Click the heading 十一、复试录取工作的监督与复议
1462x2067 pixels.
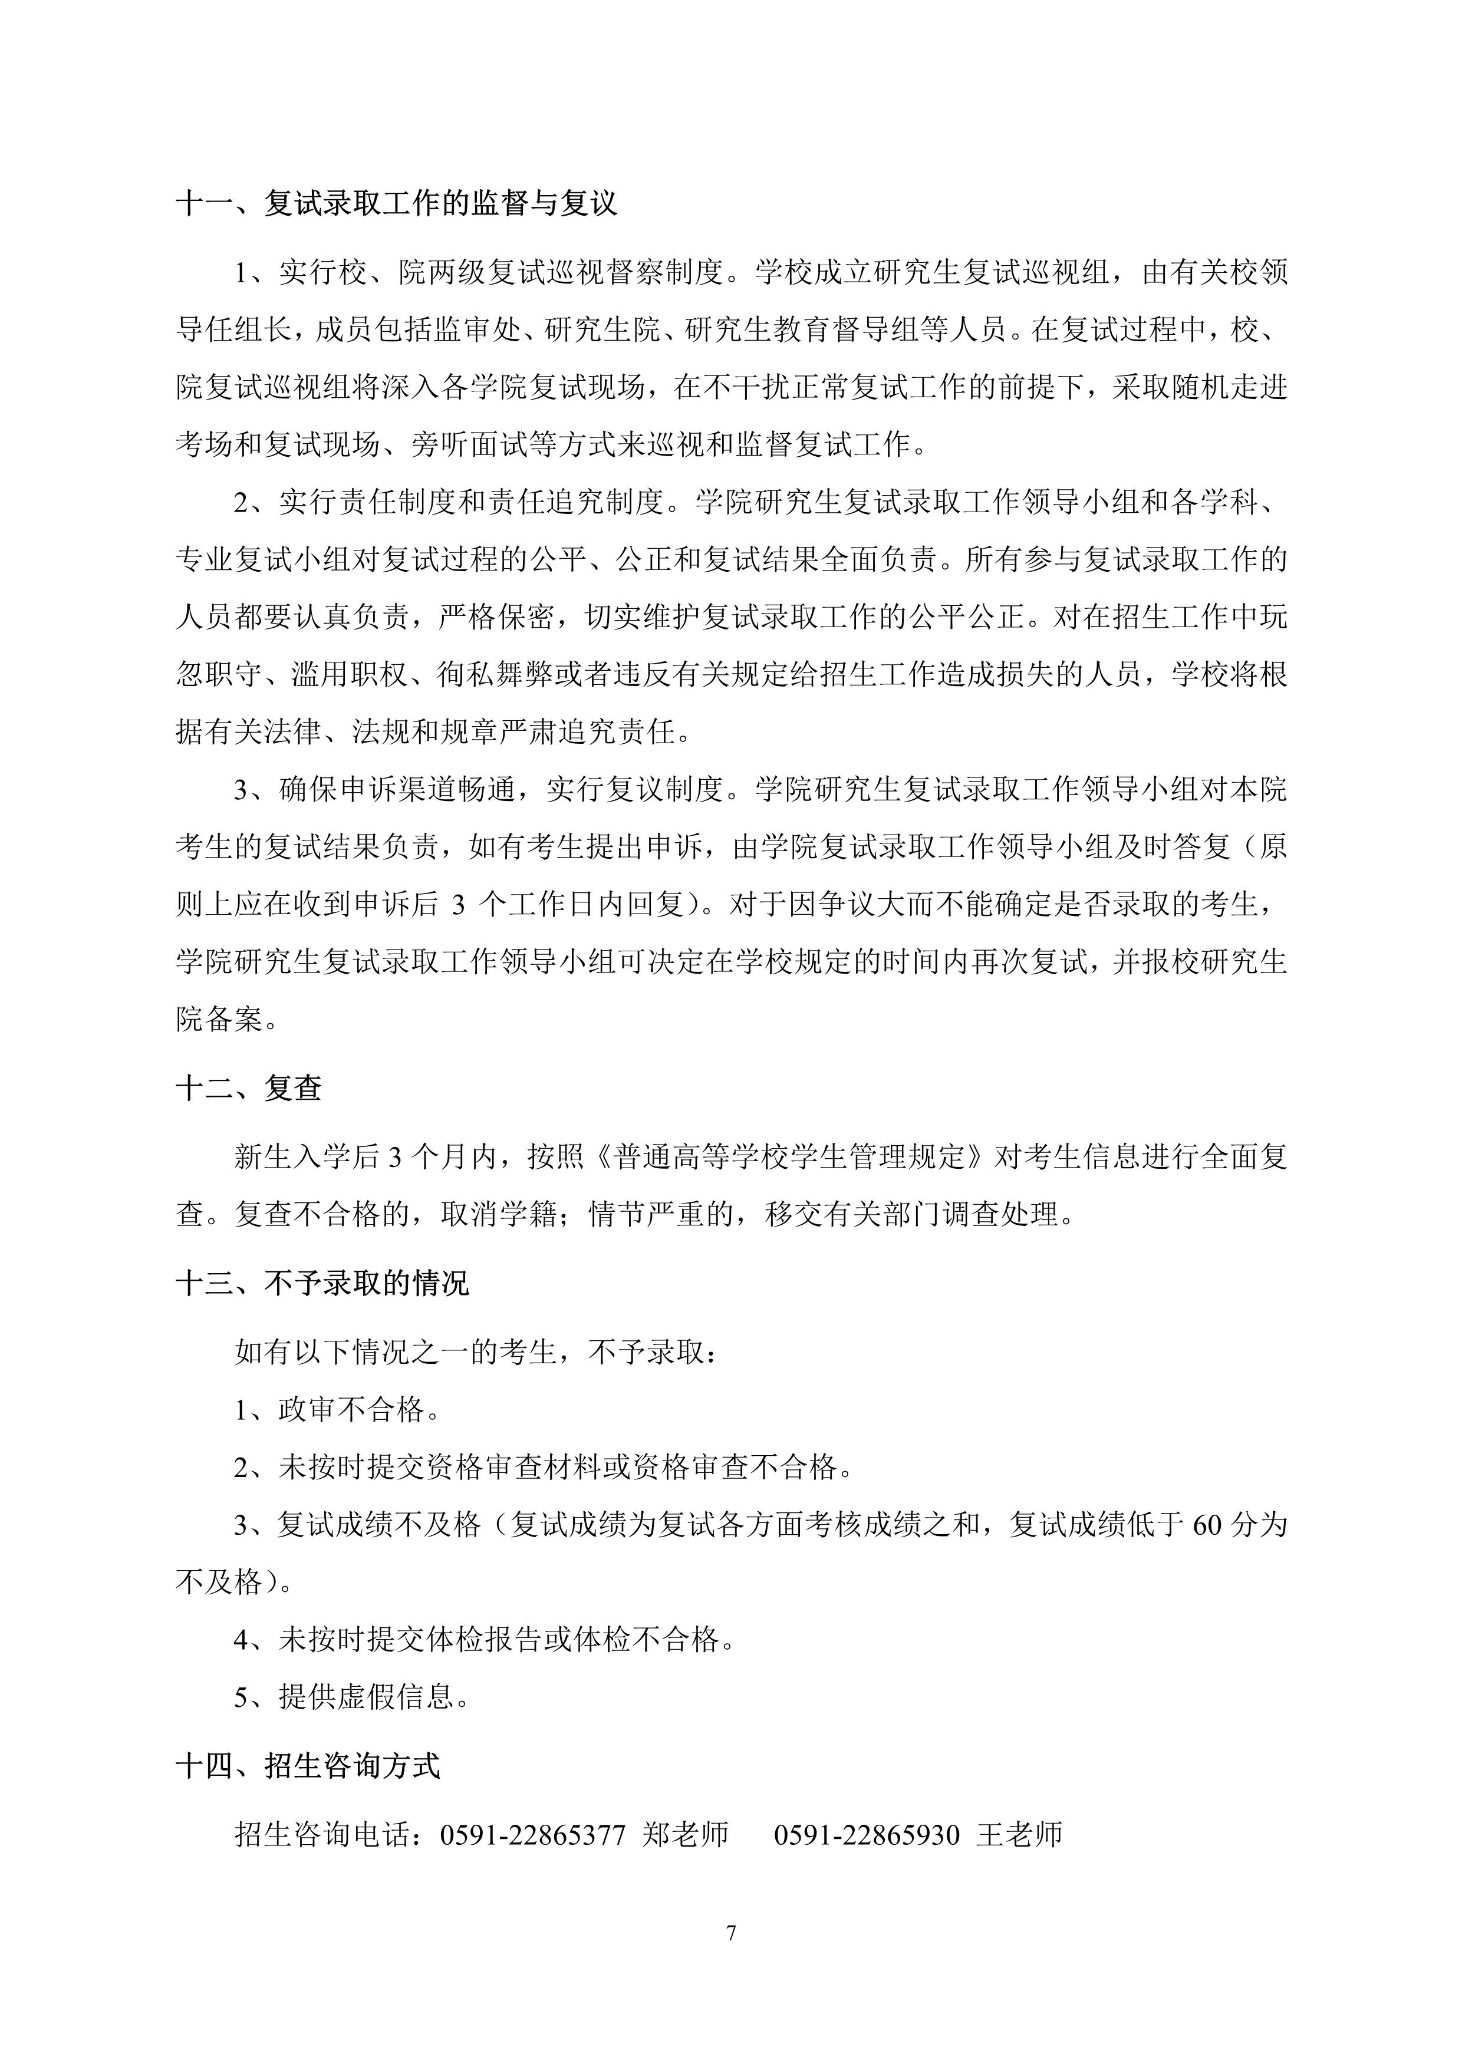[x=397, y=203]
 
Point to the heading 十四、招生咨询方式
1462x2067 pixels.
[x=308, y=1765]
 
